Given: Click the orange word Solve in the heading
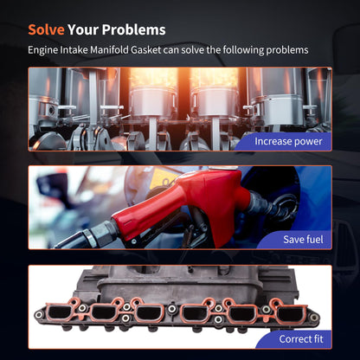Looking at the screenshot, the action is pos(46,29).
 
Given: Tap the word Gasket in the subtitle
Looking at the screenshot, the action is pos(145,50).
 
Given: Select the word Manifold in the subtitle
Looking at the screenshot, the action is pos(109,50).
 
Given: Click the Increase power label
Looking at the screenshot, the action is pos(288,141).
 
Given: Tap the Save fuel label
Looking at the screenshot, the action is pos(303,240).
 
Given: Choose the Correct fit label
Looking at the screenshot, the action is pos(301,339).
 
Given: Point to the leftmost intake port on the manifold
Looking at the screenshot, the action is pos(60,312).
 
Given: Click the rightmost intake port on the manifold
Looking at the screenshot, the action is pos(290,314).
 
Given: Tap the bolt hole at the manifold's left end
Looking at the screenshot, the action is pos(38,315).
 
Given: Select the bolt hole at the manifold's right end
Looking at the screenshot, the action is pos(314,318).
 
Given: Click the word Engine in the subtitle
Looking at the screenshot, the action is pos(43,50).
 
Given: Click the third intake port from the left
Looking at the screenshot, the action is pos(149,313).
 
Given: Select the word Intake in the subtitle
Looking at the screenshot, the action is pos(74,50).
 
